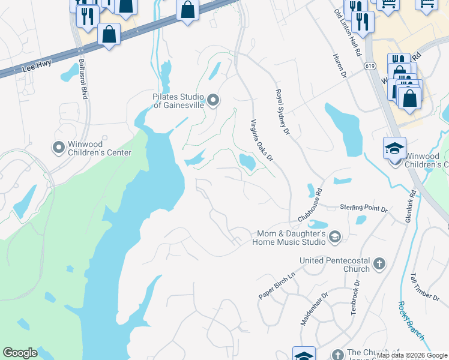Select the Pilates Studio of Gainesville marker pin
[x=212, y=99]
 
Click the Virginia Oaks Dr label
[x=261, y=140]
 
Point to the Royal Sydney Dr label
[x=282, y=112]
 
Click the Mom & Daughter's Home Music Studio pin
[x=335, y=238]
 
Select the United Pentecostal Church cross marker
[x=379, y=263]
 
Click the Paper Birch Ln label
[x=277, y=287]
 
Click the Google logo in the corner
[x=20, y=353]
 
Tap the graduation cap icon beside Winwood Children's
[x=394, y=148]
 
